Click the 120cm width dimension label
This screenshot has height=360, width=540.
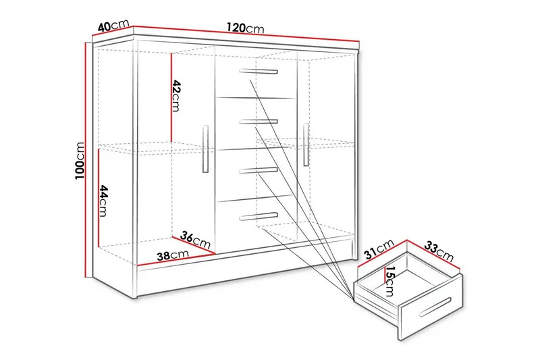click(245, 29)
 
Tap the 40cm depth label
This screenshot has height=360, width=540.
click(113, 26)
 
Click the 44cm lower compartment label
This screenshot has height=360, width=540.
click(103, 201)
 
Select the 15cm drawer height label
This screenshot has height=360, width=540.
click(389, 280)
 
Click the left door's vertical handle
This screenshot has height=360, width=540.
click(205, 149)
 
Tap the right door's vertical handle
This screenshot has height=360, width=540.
click(306, 144)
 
